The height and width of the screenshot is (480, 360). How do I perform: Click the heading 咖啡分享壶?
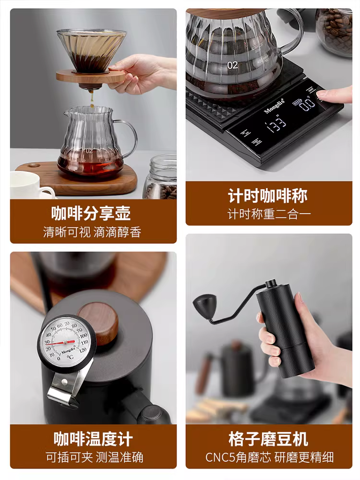[91, 213]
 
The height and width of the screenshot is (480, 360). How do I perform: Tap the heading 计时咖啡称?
[267, 196]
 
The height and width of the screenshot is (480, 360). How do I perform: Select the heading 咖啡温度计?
[93, 439]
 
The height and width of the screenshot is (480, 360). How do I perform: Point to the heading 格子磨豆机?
[268, 439]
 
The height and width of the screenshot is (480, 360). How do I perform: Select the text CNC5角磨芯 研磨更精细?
[269, 457]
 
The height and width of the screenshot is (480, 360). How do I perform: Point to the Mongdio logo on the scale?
[274, 107]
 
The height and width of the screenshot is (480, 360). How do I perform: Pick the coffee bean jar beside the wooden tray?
[161, 179]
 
